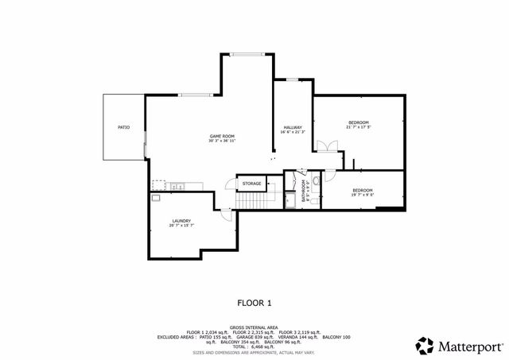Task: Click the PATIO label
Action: pos(123,127)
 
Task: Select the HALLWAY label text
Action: pos(293,128)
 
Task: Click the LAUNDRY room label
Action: pos(181,221)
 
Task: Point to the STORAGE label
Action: pos(251,184)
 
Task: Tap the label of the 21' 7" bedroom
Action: pos(358,122)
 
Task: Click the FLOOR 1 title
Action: pos(254,303)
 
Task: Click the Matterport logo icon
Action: pos(425,345)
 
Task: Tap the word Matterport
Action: pos(469,346)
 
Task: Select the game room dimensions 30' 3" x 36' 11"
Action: pos(222,141)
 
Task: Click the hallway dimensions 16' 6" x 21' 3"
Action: pos(293,133)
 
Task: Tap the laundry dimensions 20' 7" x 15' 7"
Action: pos(181,226)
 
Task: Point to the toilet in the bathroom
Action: pos(316,182)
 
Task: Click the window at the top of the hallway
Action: pos(292,79)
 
